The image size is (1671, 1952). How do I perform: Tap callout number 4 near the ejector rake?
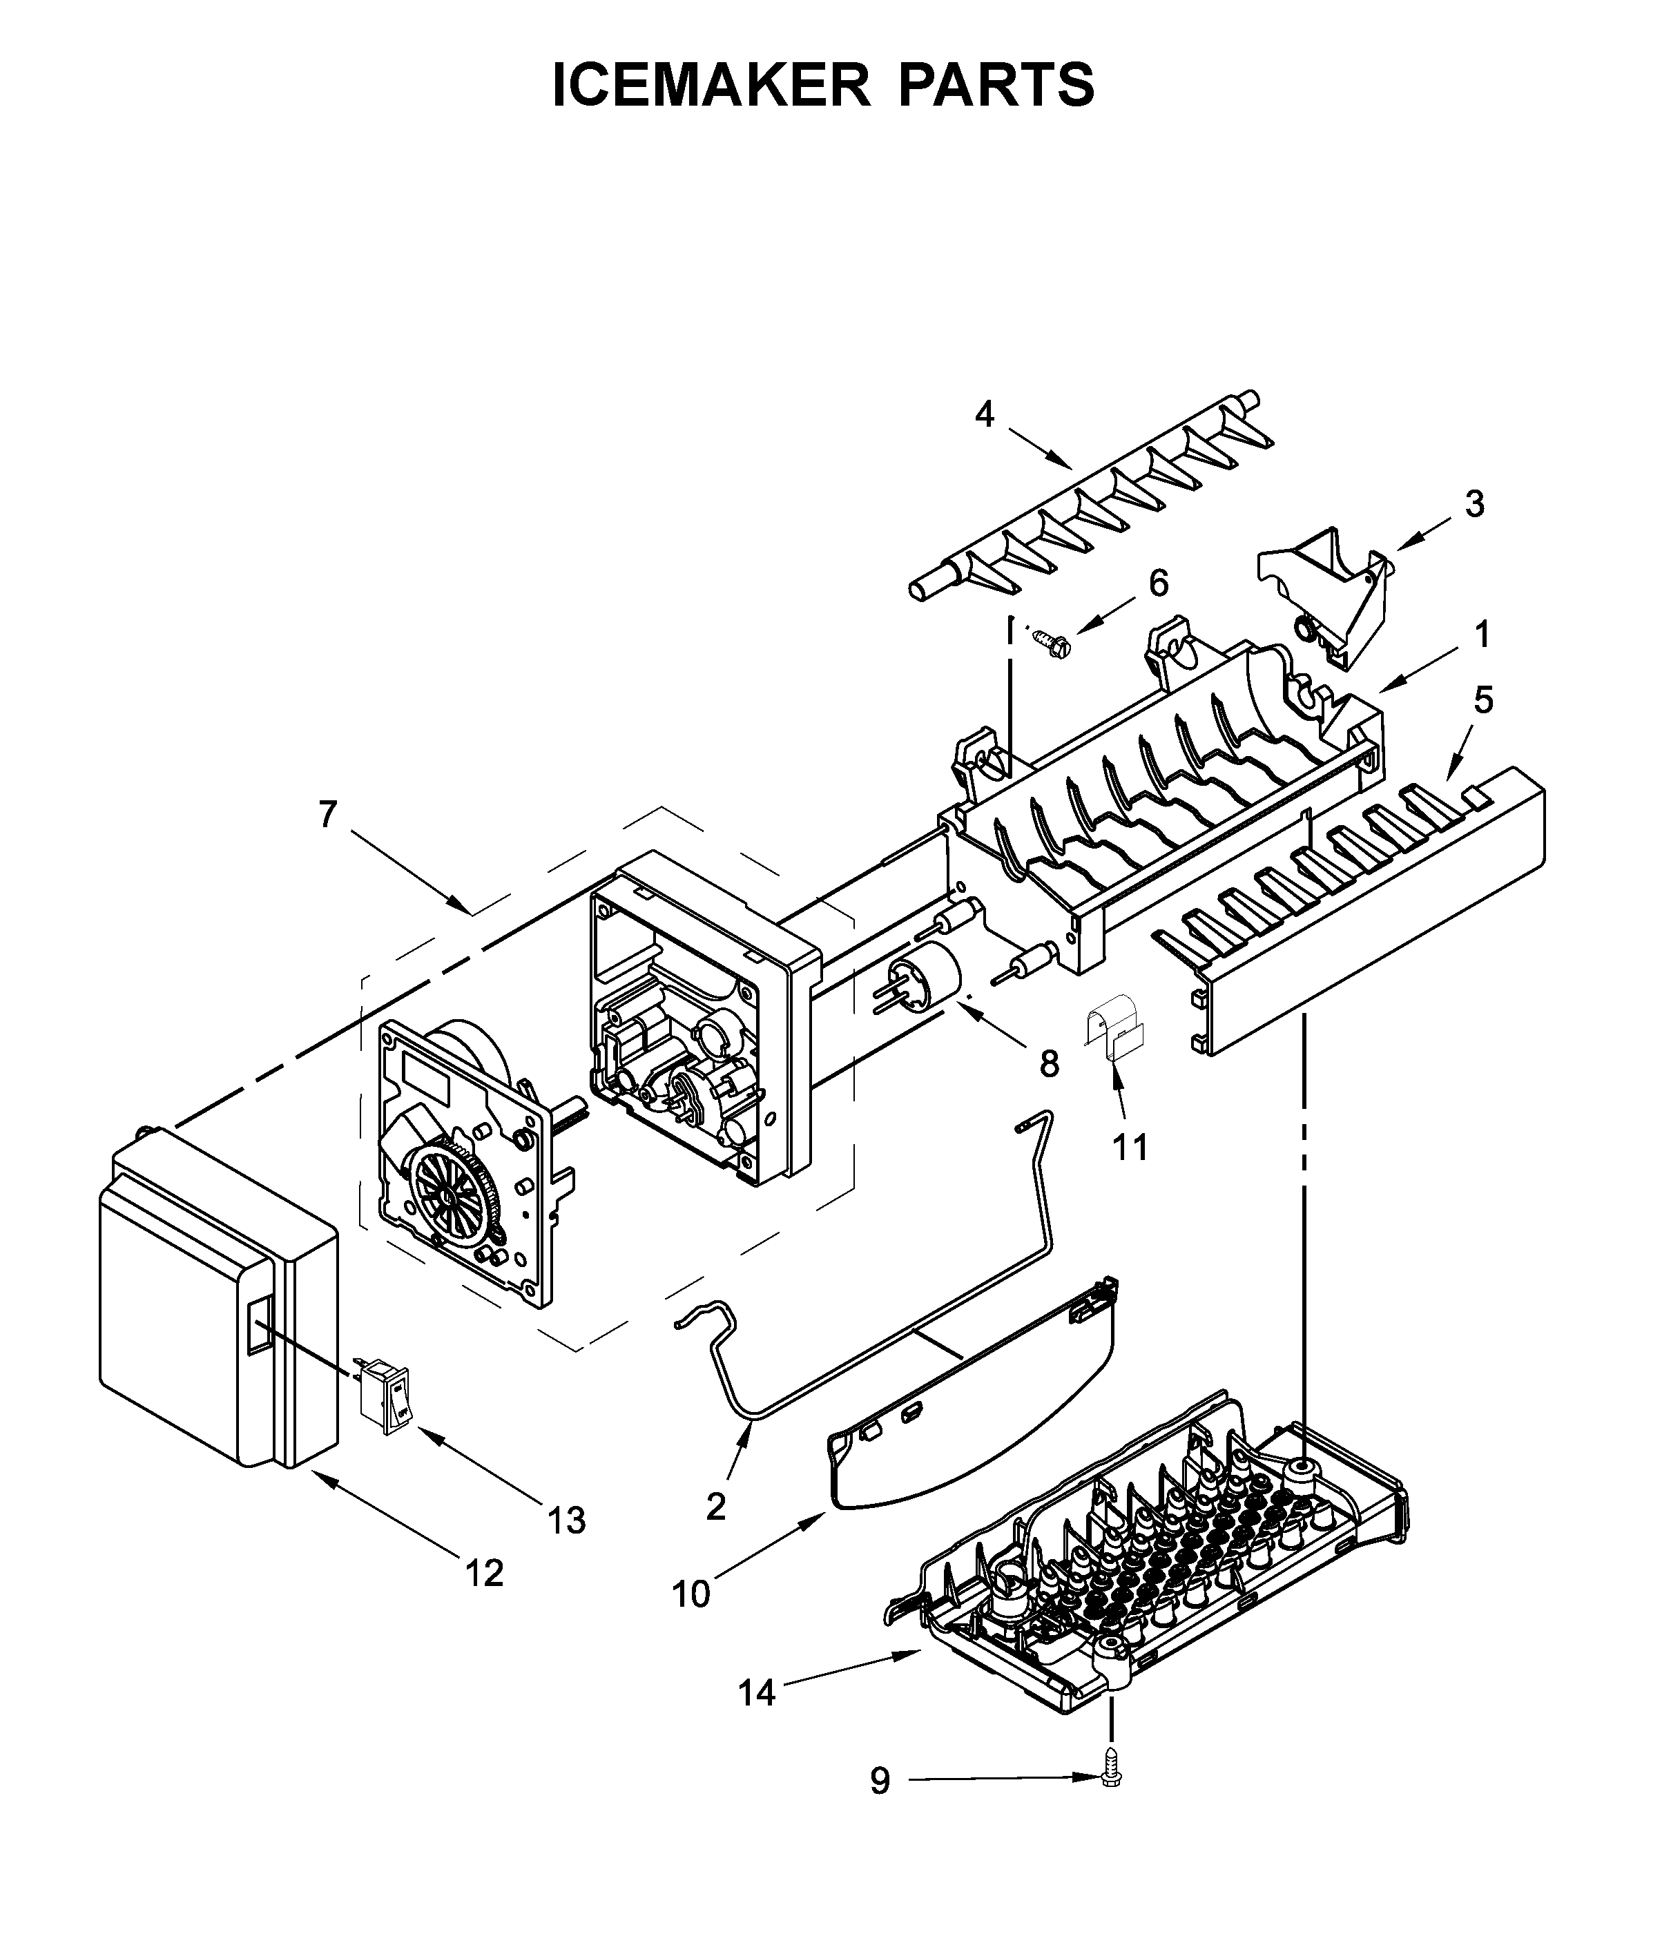(x=985, y=414)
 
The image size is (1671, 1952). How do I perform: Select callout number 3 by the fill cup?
(x=1474, y=504)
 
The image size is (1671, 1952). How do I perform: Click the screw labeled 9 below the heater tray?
(x=1112, y=1775)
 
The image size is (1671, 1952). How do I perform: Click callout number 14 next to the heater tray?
(x=756, y=1693)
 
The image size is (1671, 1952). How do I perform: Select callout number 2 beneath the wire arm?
(x=716, y=1507)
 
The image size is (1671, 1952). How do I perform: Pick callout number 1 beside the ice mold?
(x=1482, y=635)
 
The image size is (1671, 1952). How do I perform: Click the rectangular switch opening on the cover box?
(x=258, y=1323)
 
